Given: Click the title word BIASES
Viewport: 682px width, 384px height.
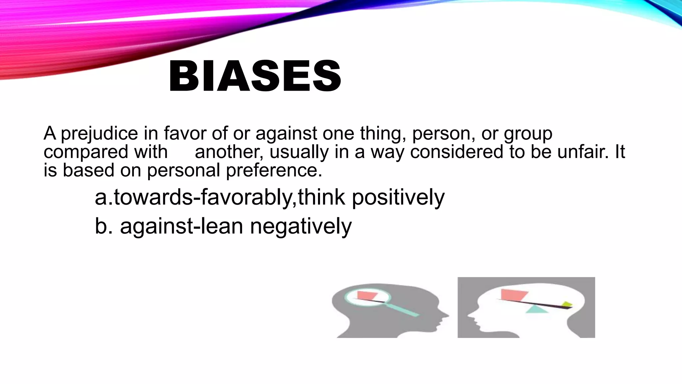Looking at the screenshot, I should (255, 76).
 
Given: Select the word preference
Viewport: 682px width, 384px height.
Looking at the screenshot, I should (274, 170).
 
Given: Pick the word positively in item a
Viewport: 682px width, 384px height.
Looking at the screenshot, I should (398, 197).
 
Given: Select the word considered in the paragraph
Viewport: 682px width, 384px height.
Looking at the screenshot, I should (457, 152).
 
